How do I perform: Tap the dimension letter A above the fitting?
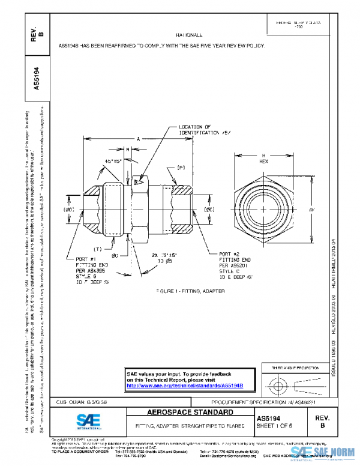tap(137, 139)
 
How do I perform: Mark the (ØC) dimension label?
tap(210, 209)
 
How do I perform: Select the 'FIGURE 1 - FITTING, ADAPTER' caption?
tap(190, 290)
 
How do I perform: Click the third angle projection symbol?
tap(293, 383)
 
